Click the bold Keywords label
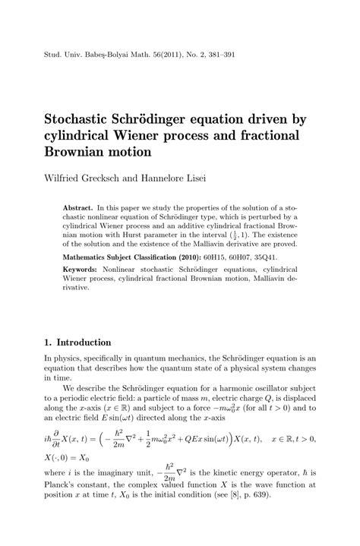[81, 271]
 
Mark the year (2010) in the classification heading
[189, 258]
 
